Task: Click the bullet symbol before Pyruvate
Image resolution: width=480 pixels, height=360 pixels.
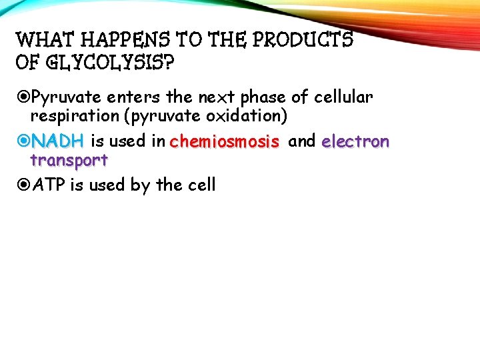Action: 24,98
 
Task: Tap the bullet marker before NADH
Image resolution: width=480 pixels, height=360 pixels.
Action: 24,141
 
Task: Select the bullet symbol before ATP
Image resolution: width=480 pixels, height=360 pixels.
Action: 24,185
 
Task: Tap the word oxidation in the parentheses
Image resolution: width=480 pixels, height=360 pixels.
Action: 247,117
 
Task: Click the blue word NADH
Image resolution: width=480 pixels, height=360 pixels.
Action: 57,141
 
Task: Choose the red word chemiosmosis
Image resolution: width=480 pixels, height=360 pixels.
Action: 224,141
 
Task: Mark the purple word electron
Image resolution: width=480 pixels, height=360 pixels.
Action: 355,141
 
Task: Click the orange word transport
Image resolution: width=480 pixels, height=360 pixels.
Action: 69,161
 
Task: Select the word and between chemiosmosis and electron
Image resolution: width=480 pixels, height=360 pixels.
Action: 301,141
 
